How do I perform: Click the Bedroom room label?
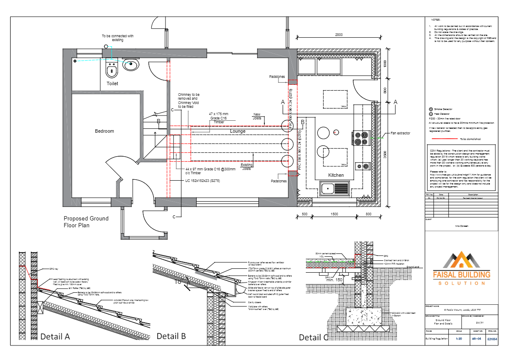104,131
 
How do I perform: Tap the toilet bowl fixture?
112,68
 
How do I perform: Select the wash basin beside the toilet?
130,65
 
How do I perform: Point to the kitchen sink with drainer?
335,188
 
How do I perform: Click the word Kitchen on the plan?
336,176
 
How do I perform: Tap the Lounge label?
237,131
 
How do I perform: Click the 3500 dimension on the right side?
385,155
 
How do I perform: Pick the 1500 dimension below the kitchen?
334,214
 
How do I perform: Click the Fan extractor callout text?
400,134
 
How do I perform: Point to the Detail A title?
55,336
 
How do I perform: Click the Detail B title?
171,336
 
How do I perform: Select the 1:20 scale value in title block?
459,339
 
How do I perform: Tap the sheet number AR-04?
476,339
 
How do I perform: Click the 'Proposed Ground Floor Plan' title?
86,222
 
